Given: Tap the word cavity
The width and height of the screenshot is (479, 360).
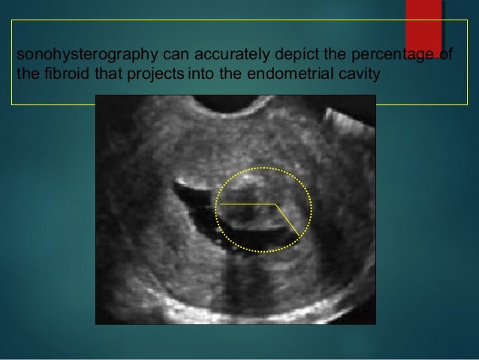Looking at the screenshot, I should [x=355, y=74].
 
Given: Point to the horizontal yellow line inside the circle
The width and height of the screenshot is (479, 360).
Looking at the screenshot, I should [x=246, y=204].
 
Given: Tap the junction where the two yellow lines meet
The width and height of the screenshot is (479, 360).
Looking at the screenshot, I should [x=275, y=204].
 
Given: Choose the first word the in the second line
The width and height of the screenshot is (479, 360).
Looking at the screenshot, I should [x=23, y=74].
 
